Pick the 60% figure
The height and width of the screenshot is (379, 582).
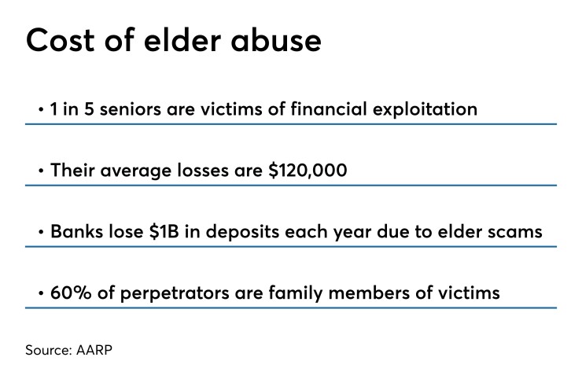coord(67,293)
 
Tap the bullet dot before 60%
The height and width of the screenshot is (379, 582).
coord(41,294)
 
